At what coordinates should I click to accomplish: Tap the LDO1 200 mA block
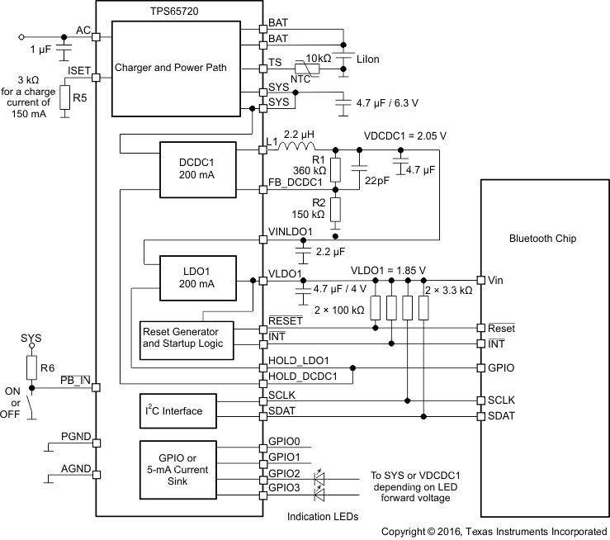tap(196, 277)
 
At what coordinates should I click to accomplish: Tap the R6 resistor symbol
tap(31, 366)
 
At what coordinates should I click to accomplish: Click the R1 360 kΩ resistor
tap(335, 169)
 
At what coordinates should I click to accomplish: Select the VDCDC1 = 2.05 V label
tap(404, 135)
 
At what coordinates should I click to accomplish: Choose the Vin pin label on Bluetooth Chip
tap(495, 280)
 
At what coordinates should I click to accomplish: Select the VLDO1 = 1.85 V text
tap(388, 270)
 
